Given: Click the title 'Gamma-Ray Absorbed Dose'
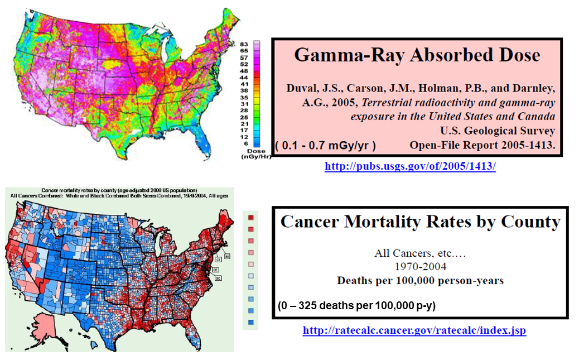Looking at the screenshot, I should coord(417,55).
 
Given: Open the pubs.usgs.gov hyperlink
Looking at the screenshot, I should coord(410,166).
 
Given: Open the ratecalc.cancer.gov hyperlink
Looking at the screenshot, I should coord(414,330).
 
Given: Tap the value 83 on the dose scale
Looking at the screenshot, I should coord(244,44).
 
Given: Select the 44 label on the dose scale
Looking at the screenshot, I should coord(244,77).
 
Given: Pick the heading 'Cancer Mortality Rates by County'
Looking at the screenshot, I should coord(420,222).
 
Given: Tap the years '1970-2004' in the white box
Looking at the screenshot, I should coord(420,266).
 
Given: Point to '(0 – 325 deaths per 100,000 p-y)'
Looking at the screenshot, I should coord(356,306).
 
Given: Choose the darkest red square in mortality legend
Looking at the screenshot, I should coord(252,218).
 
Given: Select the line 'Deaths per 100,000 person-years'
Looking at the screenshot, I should coord(420,280).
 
